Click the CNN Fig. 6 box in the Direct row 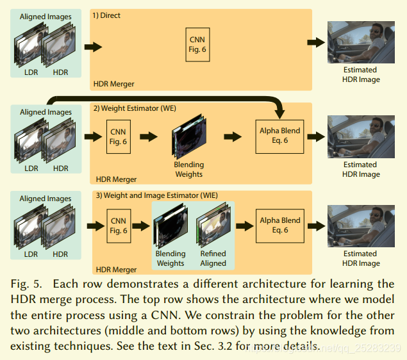[x=197, y=44]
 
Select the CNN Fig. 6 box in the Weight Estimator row [x=119, y=136]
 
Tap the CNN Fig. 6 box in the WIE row [x=119, y=225]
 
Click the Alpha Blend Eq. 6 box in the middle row [x=279, y=136]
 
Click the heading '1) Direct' [x=107, y=15]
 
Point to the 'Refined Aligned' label [x=213, y=258]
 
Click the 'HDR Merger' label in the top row [x=115, y=84]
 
